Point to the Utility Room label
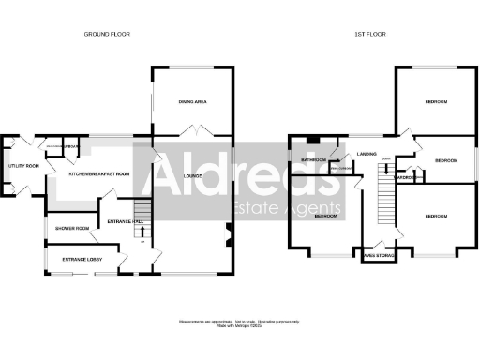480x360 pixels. coord(23,166)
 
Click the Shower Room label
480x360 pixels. coord(71,228)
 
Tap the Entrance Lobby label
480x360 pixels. coord(81,259)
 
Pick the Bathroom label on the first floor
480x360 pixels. coord(312,160)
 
